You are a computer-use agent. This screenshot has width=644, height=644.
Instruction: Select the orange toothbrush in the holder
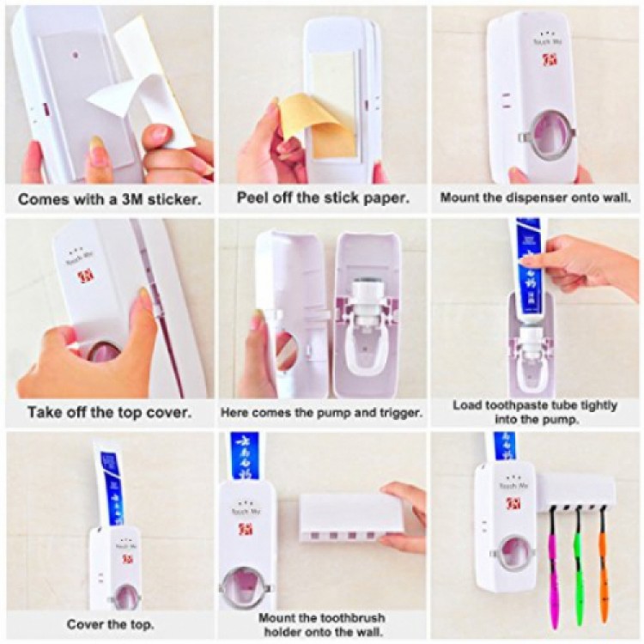[603, 562]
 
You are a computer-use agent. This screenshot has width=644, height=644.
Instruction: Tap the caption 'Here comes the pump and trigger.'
[322, 412]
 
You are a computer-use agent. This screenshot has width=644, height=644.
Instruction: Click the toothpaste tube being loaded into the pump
[530, 258]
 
